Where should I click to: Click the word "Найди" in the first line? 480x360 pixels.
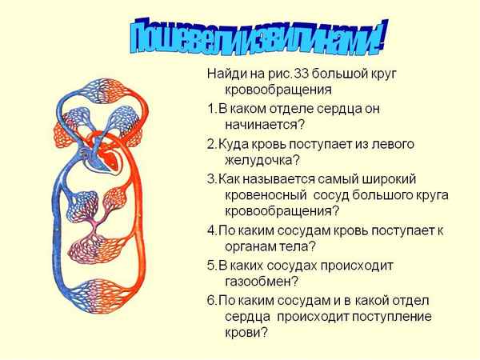click(226, 74)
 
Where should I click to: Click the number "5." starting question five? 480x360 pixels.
click(212, 264)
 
